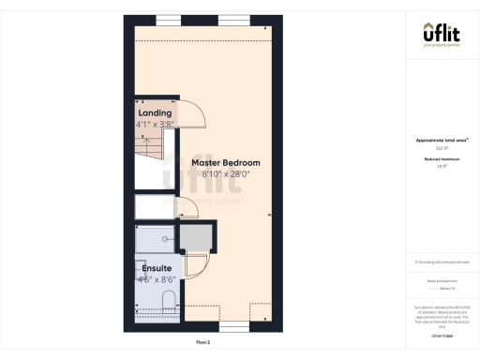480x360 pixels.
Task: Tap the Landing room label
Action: coord(155,113)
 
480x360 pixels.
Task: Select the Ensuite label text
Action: coord(156,268)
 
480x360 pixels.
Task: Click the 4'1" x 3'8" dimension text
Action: coord(155,124)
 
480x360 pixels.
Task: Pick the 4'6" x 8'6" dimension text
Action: coord(156,278)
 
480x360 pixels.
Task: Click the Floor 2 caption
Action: coord(202,342)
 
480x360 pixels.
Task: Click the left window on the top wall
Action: coord(169,20)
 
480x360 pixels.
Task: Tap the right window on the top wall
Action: coord(236,20)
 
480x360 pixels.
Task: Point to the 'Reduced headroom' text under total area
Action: coord(440,160)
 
